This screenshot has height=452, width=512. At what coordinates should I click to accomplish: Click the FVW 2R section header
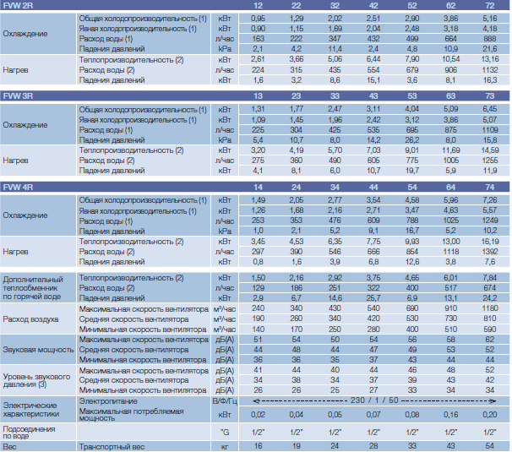[x=18, y=6]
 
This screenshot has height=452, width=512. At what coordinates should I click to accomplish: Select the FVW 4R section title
[x=18, y=187]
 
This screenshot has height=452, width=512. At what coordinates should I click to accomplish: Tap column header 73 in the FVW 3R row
[x=489, y=96]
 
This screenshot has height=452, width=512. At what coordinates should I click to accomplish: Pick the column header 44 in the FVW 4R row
[x=373, y=187]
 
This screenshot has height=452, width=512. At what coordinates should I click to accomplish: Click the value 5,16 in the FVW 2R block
[x=489, y=19]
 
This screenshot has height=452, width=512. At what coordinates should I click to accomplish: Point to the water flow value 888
[x=489, y=39]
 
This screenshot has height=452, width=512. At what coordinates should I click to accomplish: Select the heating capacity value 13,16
[x=489, y=59]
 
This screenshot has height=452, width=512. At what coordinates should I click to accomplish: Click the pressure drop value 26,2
[x=412, y=140]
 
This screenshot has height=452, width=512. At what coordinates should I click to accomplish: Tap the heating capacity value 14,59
[x=489, y=150]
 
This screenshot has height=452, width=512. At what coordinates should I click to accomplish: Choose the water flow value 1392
[x=489, y=252]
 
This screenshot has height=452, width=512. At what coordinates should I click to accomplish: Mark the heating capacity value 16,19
[x=489, y=242]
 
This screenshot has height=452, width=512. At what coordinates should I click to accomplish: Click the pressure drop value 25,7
[x=373, y=298]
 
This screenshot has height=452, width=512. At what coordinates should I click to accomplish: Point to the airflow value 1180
[x=489, y=308]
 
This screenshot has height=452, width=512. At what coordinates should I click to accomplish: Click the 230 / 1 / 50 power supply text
[x=374, y=400]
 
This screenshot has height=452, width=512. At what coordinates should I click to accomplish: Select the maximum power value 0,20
[x=489, y=415]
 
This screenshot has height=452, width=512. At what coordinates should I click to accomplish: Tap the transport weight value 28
[x=373, y=446]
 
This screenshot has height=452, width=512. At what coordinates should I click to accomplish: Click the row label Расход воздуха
[x=30, y=319]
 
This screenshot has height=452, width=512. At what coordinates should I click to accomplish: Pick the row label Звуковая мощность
[x=38, y=350]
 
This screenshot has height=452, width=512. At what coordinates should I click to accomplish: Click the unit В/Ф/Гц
[x=225, y=401]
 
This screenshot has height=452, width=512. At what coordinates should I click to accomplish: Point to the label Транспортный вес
[x=112, y=447]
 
